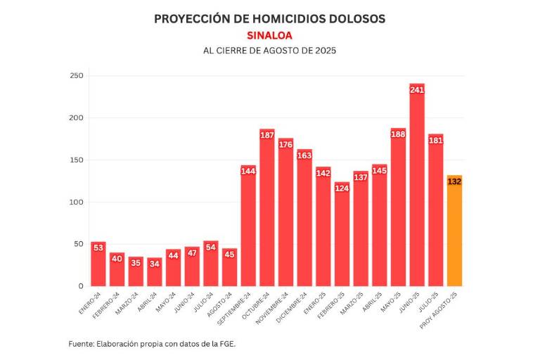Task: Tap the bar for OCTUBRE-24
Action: click(267, 211)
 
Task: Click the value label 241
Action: click(417, 90)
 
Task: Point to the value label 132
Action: click(454, 181)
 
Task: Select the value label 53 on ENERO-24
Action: click(98, 247)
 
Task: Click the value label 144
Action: click(248, 171)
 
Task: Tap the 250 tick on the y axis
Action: click(76, 75)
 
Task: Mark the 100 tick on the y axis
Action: click(76, 202)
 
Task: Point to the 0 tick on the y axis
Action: click(80, 286)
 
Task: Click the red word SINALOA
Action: click(269, 35)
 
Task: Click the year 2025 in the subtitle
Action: click(324, 51)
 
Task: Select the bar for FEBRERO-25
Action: click(342, 236)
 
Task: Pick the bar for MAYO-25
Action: click(398, 211)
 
